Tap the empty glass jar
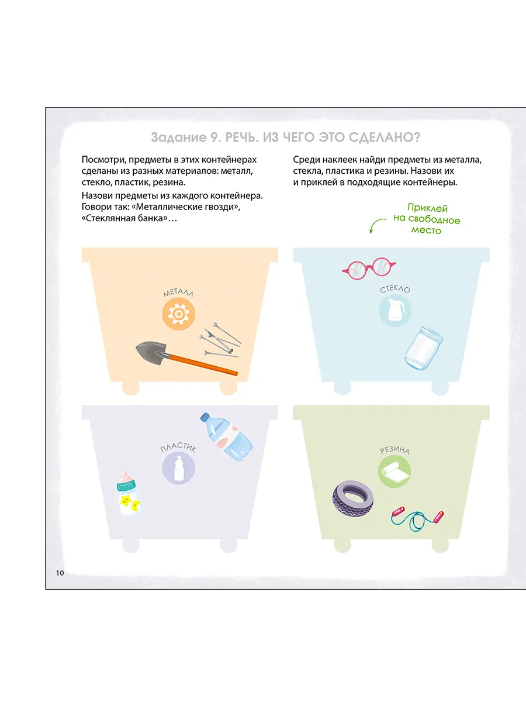[424, 349]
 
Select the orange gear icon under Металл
[178, 314]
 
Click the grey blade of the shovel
[153, 352]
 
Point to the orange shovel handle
[203, 365]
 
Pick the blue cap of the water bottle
[205, 417]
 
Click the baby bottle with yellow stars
[129, 493]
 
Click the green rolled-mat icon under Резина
[394, 471]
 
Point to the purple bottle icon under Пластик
[178, 468]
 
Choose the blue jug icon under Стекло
[395, 310]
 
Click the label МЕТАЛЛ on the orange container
[178, 292]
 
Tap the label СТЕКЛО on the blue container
[395, 289]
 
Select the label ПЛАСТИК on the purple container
[178, 448]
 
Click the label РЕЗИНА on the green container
[394, 450]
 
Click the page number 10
[60, 573]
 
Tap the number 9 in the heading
[213, 137]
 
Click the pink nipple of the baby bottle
[125, 476]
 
